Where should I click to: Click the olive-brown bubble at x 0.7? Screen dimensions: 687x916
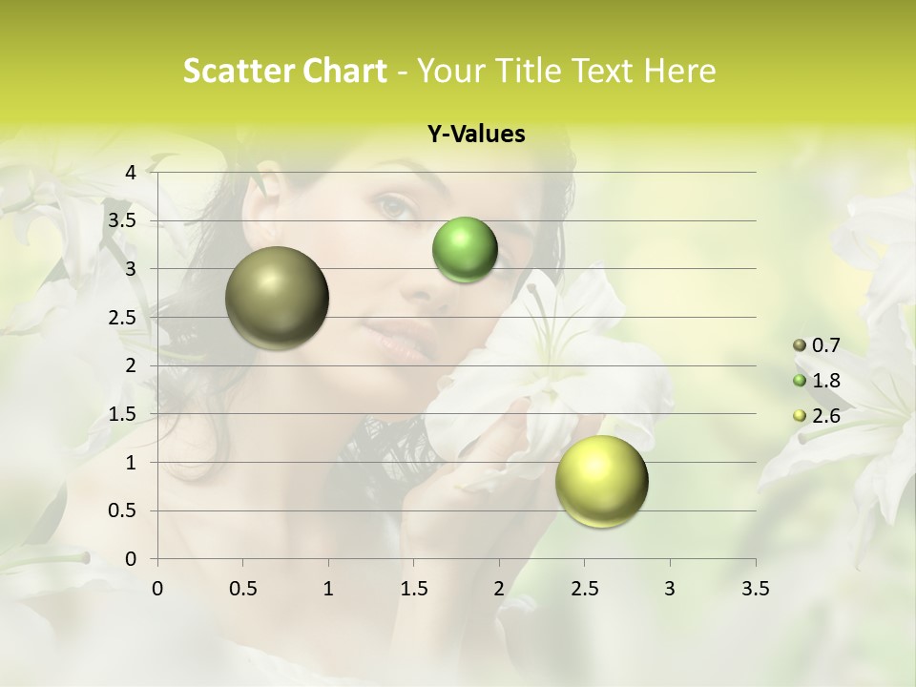pos(278,298)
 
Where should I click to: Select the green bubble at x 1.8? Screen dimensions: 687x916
pos(465,249)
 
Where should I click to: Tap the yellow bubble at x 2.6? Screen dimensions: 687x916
pos(601,481)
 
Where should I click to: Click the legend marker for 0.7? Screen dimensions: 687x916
pos(799,345)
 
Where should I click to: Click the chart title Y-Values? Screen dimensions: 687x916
pos(475,135)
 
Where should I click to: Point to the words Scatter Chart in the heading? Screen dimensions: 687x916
pos(284,71)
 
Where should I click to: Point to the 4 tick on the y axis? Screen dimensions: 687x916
pos(132,172)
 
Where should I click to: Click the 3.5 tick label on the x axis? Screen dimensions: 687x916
pos(755,589)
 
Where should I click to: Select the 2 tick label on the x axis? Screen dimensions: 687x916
pos(499,589)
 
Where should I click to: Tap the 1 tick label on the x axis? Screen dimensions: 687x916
pos(328,589)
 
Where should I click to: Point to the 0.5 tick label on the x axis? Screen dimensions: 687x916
pos(243,589)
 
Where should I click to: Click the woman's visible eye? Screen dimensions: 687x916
pos(393,205)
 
